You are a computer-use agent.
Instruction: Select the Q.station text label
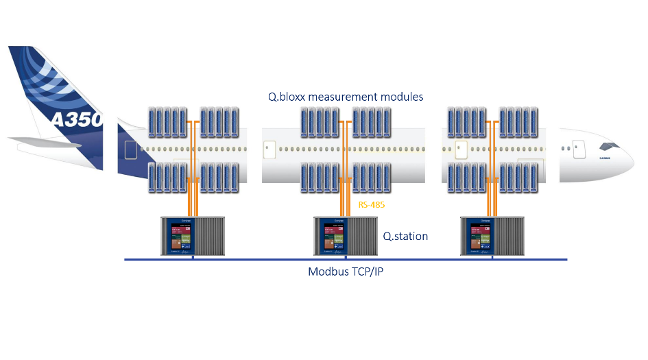405,237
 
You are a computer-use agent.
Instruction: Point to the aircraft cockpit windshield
609,146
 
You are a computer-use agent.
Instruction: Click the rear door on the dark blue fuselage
130,151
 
